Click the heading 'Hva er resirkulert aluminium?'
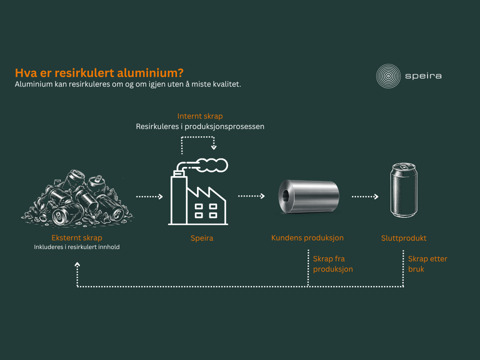[99, 73]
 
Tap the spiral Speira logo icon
[388, 76]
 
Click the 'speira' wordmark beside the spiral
[423, 76]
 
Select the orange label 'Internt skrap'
[200, 116]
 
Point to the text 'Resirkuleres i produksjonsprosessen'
[200, 126]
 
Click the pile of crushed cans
[77, 198]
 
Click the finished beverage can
[404, 190]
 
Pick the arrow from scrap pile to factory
[149, 196]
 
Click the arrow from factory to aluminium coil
[251, 196]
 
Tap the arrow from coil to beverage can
[365, 196]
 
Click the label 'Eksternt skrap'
[77, 238]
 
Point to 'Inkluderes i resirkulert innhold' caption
[77, 247]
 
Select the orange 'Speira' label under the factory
[201, 238]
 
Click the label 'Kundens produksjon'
[307, 238]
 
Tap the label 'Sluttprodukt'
[404, 238]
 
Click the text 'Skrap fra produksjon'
[333, 264]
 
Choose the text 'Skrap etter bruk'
[427, 264]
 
